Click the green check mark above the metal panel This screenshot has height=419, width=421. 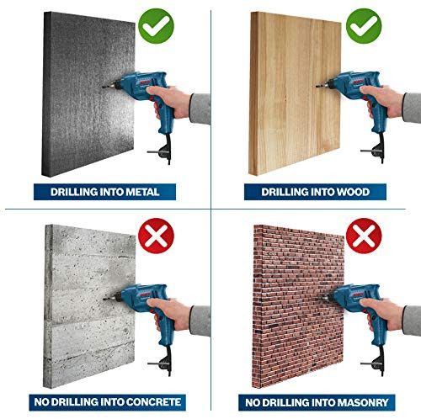point(156,26)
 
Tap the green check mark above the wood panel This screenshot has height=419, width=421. point(364,26)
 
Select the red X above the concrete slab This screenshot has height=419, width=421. point(156,236)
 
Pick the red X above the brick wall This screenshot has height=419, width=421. point(364,236)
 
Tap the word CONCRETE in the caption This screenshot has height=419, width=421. point(153,402)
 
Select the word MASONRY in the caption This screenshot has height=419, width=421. point(363,402)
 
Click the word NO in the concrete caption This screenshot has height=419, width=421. point(41,402)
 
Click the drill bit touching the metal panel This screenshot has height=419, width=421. point(107,87)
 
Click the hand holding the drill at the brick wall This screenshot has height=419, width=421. point(381,314)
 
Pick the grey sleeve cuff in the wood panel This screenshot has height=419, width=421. point(412,108)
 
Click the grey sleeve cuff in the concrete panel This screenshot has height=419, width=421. point(200,321)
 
